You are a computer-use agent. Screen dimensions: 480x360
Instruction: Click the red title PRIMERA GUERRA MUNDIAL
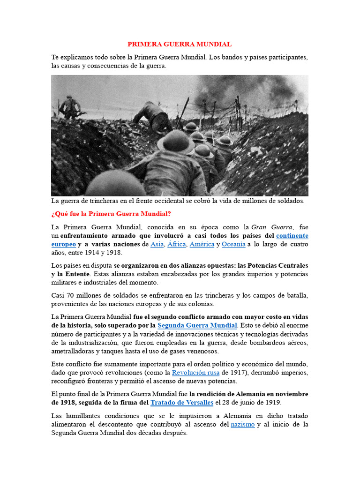point(180,45)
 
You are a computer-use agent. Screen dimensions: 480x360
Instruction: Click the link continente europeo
point(292,236)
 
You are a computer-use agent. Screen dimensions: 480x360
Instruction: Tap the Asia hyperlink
point(157,244)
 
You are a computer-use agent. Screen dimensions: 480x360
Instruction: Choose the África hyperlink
point(177,244)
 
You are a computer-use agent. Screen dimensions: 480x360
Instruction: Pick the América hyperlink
point(202,244)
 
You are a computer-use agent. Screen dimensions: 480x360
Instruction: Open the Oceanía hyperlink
point(233,244)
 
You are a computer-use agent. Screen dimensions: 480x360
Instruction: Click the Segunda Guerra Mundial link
point(197,325)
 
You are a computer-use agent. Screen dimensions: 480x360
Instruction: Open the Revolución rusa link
point(196,373)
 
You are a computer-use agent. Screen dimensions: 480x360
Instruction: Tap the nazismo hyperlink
point(243,424)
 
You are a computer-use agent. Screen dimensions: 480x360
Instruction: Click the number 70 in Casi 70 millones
point(72,295)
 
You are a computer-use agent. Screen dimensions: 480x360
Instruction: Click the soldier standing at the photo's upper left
point(70,107)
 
